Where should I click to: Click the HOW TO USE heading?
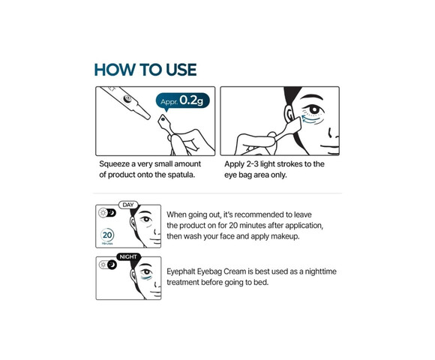[x=145, y=70]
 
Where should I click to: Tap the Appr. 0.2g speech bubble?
[x=182, y=101]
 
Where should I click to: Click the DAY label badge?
[x=128, y=205]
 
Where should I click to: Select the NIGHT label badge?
[x=128, y=256]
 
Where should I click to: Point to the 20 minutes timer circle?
[x=107, y=235]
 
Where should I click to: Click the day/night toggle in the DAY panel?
[x=107, y=213]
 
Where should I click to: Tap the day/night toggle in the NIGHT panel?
[x=108, y=265]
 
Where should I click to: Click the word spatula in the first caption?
[x=181, y=175]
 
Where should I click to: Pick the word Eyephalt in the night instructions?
[x=181, y=271]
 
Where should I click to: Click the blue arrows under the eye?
[x=311, y=119]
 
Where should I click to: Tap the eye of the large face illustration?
[x=313, y=109]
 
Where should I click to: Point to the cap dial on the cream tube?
[x=127, y=99]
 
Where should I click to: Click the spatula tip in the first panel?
[x=163, y=120]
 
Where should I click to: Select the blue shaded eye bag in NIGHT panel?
[x=146, y=277]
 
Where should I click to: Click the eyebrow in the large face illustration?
[x=312, y=97]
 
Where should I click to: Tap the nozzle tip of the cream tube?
[x=147, y=116]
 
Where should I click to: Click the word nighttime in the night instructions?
[x=320, y=271]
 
